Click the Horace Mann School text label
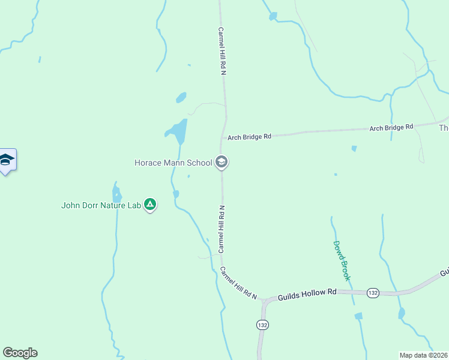pos(173,163)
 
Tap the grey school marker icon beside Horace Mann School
pos(221,162)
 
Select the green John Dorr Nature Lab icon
pos(150,205)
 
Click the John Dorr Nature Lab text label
pos(101,205)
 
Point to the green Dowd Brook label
pos(342,261)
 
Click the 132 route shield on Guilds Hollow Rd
pos(373,293)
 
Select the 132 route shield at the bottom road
pos(262,325)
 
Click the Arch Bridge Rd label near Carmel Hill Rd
pos(249,137)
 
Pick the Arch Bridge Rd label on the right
pos(391,127)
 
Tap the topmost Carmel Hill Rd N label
pos(221,51)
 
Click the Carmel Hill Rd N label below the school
pos(221,228)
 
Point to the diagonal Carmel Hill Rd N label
pos(238,283)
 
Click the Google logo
pos(20,353)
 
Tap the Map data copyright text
pos(424,355)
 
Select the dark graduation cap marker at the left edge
pos(7,160)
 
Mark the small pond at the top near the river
pos(273,16)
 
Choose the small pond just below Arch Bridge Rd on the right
pos(354,148)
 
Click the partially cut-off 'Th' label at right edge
pos(444,128)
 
